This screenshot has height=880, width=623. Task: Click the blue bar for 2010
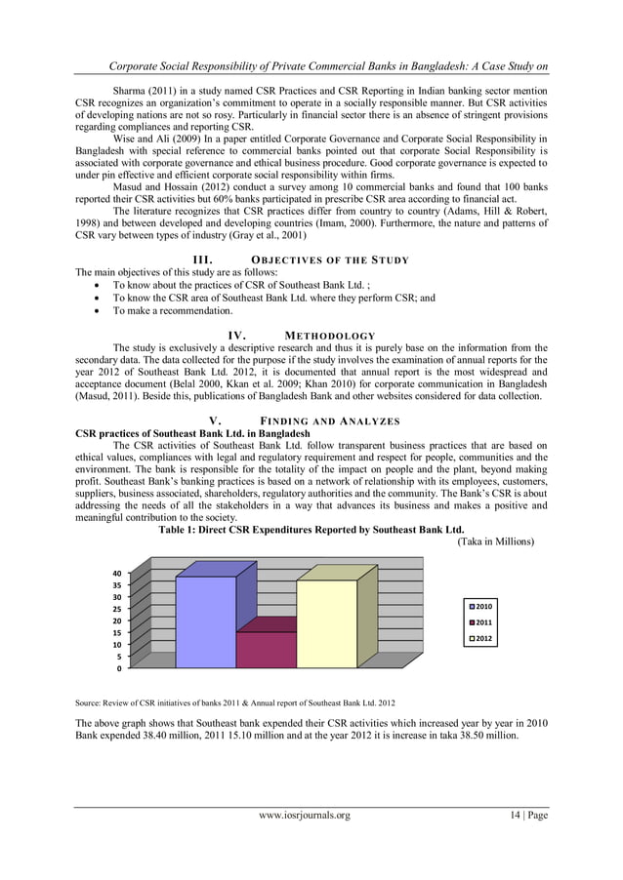[205, 620]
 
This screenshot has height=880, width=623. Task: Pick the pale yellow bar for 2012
[326, 622]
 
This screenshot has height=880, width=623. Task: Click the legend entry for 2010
[482, 606]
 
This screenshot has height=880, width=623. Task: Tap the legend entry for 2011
[482, 622]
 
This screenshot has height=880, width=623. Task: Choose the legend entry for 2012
[482, 639]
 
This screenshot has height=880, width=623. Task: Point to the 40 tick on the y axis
[115, 573]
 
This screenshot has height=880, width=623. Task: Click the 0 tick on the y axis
[118, 669]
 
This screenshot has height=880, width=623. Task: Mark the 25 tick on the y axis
[115, 609]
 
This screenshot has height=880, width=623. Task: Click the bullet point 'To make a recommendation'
[172, 311]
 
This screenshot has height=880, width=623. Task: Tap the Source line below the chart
[235, 701]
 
